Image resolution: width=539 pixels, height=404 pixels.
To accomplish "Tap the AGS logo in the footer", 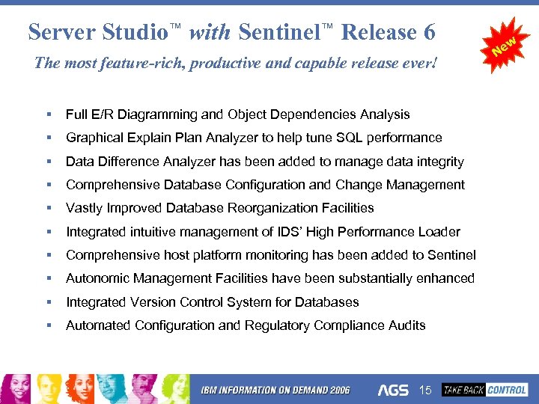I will (393, 391).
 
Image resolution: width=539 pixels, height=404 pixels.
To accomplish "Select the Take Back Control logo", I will (485, 390).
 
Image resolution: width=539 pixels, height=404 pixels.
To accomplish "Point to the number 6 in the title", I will (428, 32).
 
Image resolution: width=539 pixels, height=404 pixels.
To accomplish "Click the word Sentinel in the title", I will (280, 32).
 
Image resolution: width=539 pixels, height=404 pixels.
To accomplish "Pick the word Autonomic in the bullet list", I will (94, 278).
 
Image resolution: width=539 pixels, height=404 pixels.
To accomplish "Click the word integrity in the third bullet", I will (439, 162).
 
